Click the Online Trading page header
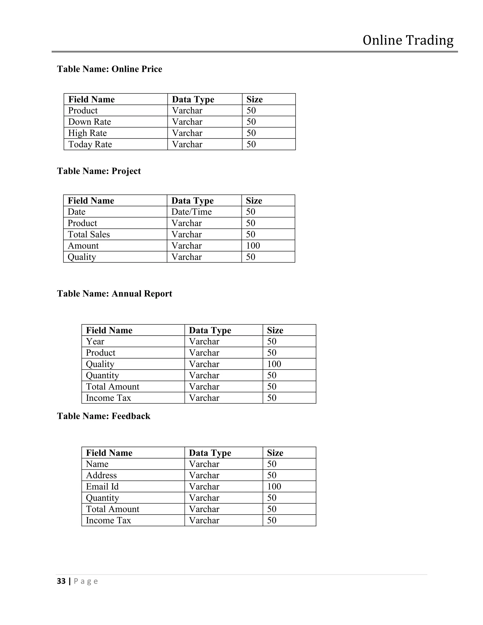click(408, 40)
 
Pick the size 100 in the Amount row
click(253, 246)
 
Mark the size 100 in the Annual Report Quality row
click(274, 364)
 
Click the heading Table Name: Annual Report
click(114, 294)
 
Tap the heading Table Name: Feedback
click(104, 416)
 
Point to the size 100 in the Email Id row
click(274, 487)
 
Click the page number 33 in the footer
click(61, 581)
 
